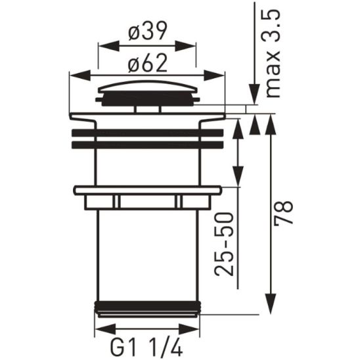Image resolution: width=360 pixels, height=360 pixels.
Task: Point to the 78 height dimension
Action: coord(284,214)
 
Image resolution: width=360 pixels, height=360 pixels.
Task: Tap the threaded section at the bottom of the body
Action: coord(146,307)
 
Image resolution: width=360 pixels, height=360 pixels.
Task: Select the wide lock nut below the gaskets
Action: coord(146,191)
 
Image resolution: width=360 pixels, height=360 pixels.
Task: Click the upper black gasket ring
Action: coord(146,131)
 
